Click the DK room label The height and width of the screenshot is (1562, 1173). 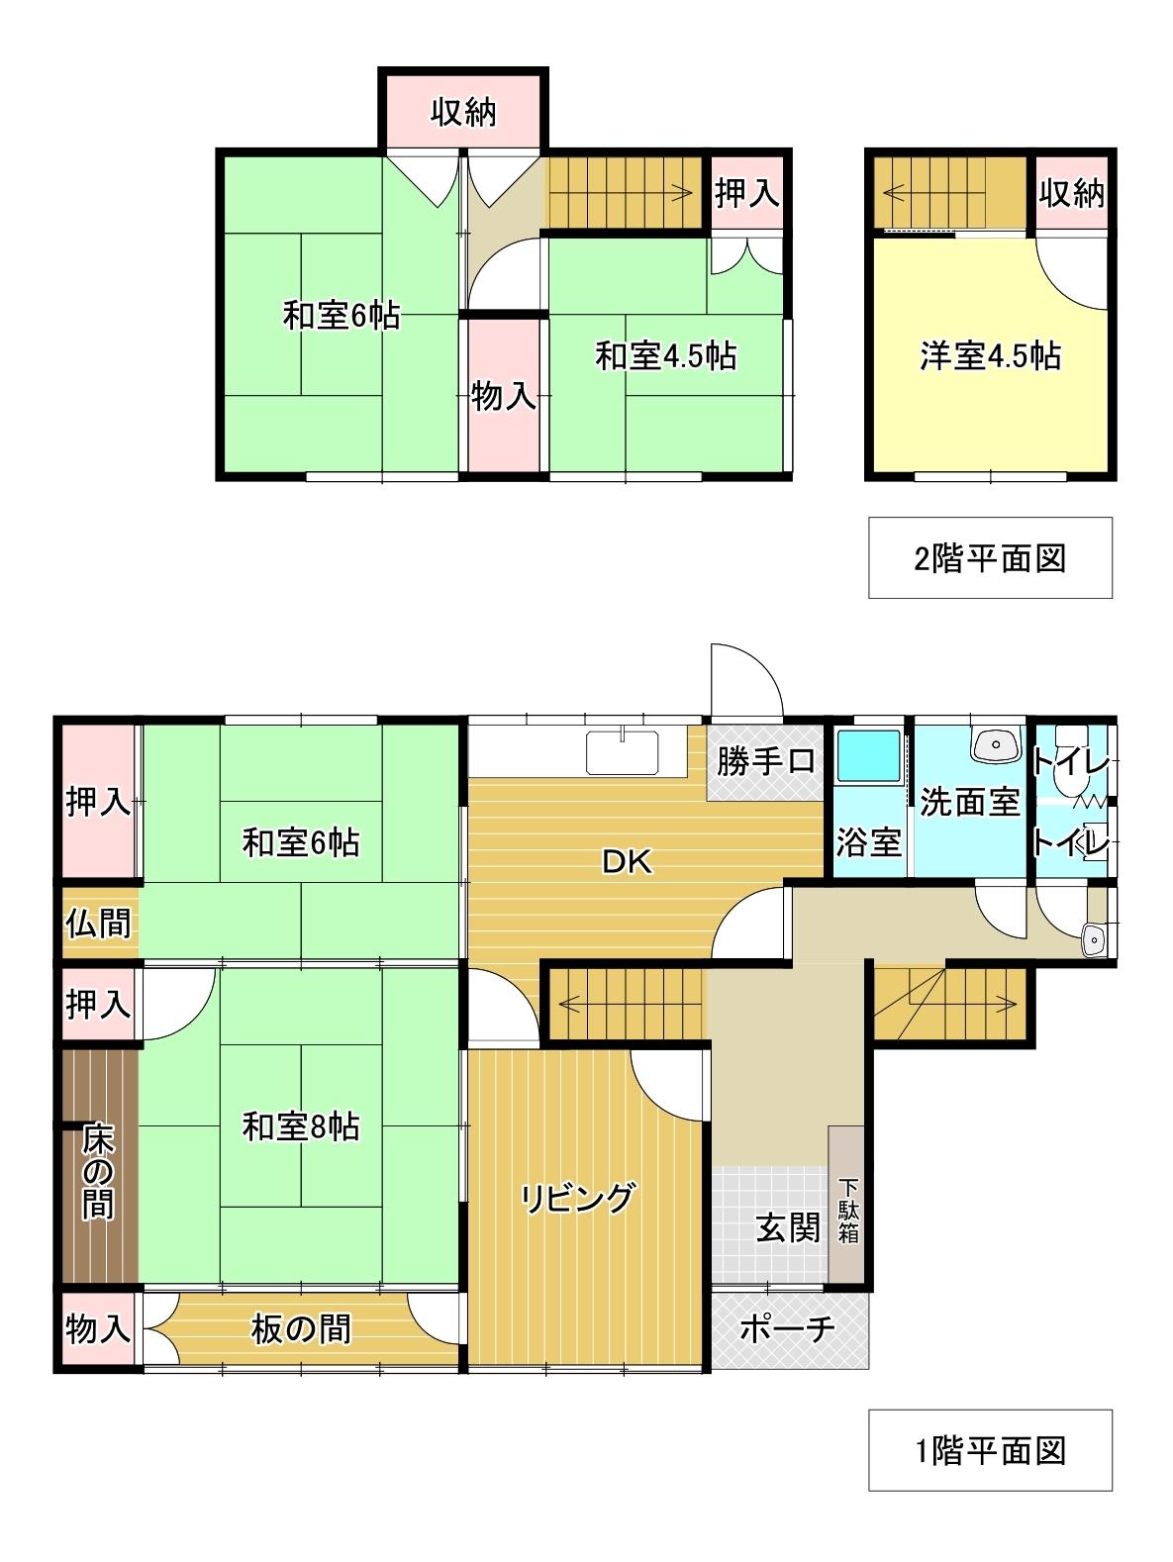pyautogui.click(x=627, y=862)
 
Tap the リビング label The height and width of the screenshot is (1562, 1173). pyautogui.click(x=577, y=1199)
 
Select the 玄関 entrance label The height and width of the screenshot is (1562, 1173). pyautogui.click(x=788, y=1228)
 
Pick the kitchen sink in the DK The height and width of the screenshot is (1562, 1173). pyautogui.click(x=623, y=753)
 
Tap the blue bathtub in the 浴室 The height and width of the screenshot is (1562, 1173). pyautogui.click(x=868, y=755)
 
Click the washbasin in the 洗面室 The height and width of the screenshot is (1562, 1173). pyautogui.click(x=996, y=745)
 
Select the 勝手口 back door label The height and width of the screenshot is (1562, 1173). pyautogui.click(x=765, y=761)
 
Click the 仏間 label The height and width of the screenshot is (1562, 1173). pyautogui.click(x=99, y=924)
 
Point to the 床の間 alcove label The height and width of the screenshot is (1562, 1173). pyautogui.click(x=98, y=1171)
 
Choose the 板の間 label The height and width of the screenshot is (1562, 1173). pyautogui.click(x=301, y=1328)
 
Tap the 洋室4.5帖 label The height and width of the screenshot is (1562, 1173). pyautogui.click(x=990, y=355)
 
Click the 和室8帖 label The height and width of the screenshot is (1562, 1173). pyautogui.click(x=301, y=1127)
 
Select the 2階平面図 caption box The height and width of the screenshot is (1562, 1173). pyautogui.click(x=990, y=558)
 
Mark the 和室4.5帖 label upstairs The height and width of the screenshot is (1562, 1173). pyautogui.click(x=666, y=355)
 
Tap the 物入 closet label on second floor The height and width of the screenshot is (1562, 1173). pyautogui.click(x=504, y=396)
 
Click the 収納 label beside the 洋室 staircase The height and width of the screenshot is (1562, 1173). pyautogui.click(x=1072, y=193)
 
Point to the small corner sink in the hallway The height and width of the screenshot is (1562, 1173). pyautogui.click(x=1094, y=941)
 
